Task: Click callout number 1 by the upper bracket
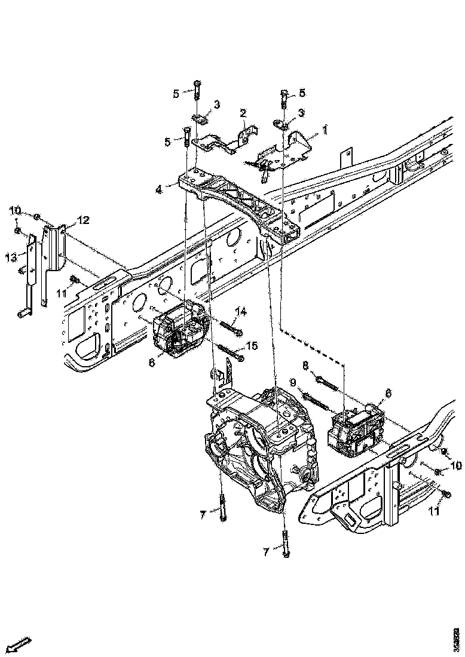[325, 129]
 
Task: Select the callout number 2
[243, 113]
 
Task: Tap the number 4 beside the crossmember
[158, 190]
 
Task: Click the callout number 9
[294, 382]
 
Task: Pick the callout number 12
[83, 220]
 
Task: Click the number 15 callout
[252, 346]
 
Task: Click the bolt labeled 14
[230, 327]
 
